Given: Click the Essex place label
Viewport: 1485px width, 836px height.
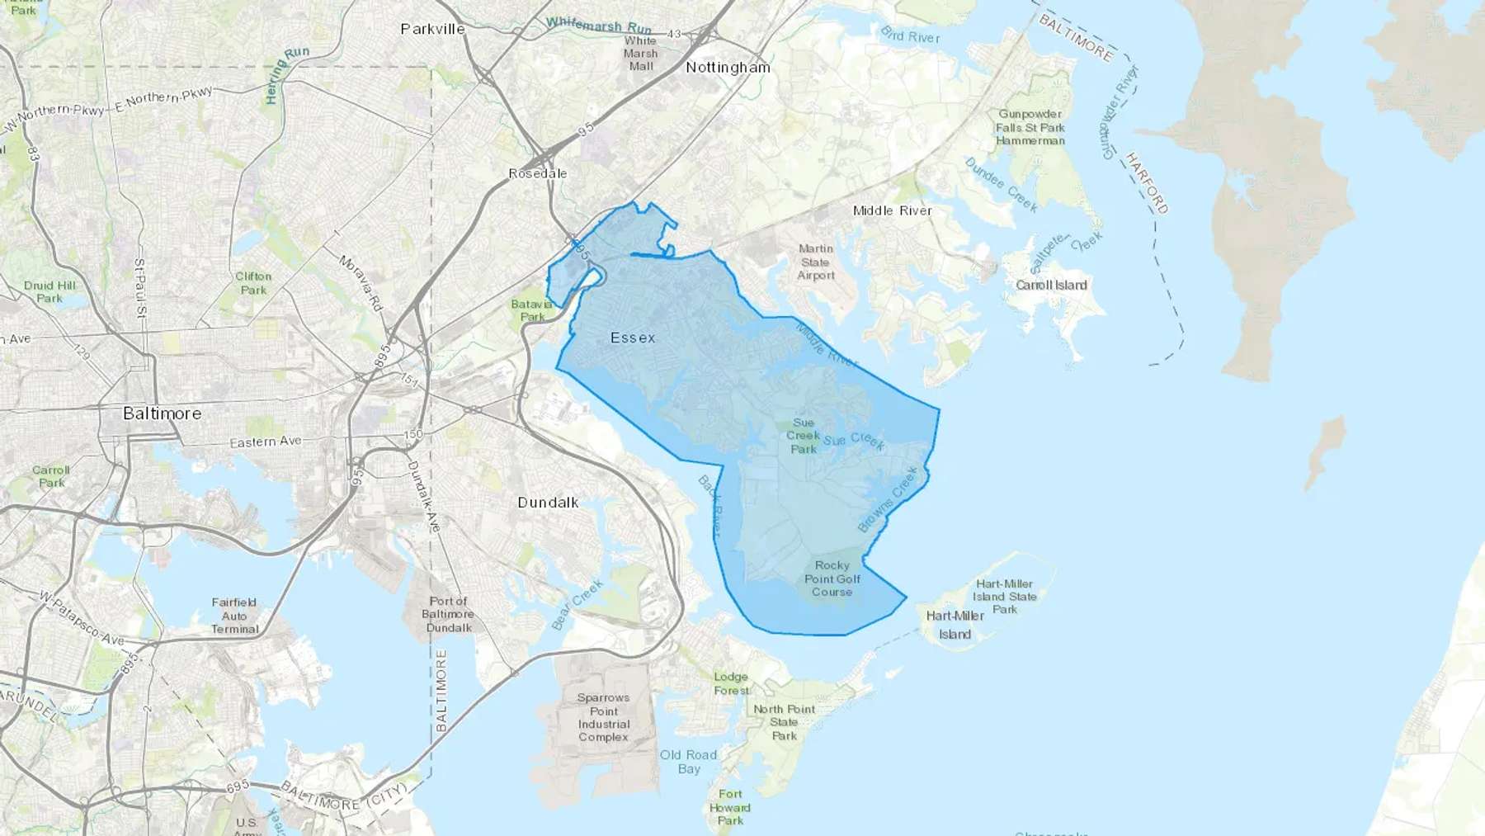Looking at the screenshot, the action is point(633,338).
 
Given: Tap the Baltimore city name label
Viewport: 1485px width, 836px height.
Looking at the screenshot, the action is point(162,413).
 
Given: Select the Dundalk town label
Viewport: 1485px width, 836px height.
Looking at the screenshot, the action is point(548,503).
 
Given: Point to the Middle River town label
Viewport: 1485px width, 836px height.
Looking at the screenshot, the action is point(892,210).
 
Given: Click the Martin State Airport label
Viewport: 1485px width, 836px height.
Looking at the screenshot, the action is point(815,262).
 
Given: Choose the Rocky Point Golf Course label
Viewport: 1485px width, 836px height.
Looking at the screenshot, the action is point(832,579).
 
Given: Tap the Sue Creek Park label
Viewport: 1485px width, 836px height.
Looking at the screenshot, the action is point(803,436).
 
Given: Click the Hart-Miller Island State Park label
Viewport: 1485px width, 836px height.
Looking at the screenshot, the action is point(1004,596).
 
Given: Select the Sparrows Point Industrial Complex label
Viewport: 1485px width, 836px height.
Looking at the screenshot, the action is point(603,717).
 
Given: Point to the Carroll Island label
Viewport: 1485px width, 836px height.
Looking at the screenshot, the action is point(1051,285).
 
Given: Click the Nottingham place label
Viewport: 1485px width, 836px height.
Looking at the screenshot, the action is point(728,68).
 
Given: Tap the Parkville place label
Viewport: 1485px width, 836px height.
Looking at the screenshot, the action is point(432,29).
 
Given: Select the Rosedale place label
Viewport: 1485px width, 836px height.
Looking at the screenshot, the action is point(537,173).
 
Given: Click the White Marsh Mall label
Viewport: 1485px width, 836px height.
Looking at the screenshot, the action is point(640,53).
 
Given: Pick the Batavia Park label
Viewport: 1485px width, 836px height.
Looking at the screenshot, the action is point(532,310).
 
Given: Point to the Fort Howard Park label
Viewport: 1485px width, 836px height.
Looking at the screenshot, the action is point(730,807).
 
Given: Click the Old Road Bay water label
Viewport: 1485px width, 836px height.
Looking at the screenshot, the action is point(688,762).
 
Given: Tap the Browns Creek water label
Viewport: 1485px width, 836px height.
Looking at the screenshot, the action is point(888,500).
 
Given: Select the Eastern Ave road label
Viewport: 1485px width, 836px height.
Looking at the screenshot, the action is point(265,442).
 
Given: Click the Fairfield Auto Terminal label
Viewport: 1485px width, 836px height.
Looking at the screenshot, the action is point(234,616).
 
